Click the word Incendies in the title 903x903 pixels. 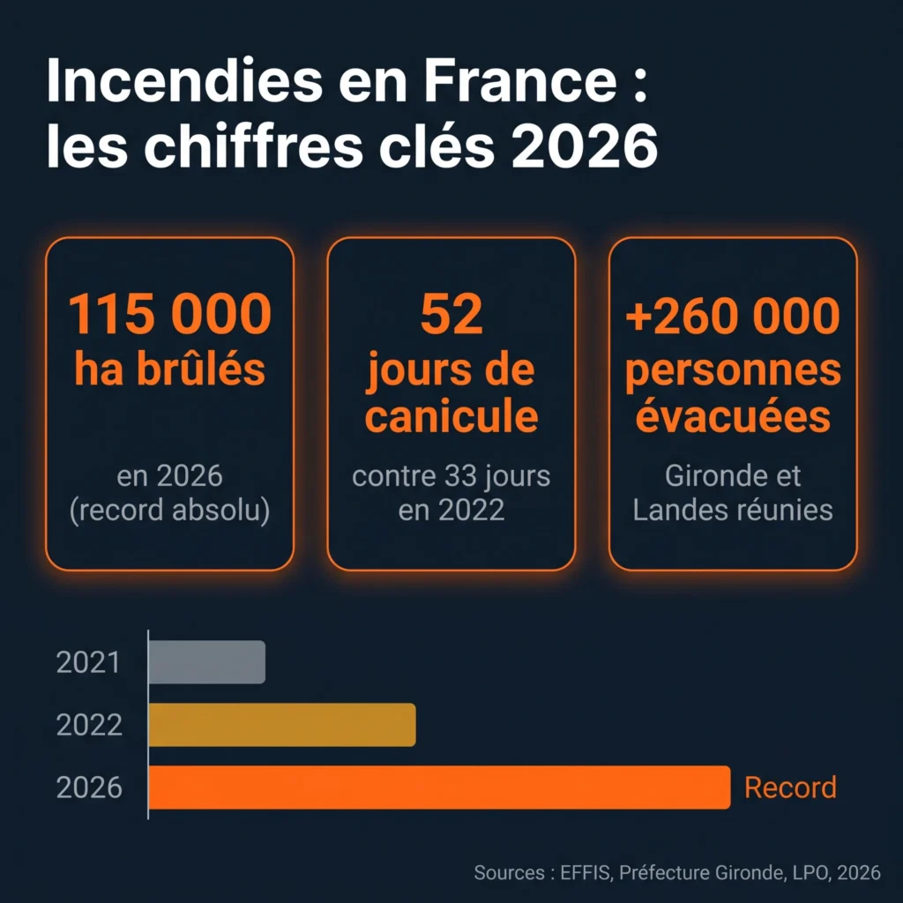point(184,80)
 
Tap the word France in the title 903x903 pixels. point(520,80)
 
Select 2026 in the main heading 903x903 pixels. point(585,146)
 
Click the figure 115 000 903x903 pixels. point(170,314)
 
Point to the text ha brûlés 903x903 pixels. point(170,369)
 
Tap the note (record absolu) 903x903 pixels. point(170,510)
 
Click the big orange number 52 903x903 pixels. point(451,314)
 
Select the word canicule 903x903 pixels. point(451,416)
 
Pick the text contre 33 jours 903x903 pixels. point(451,475)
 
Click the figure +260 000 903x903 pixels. point(733,316)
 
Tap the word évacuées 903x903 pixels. point(733,415)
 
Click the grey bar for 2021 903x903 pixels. point(206,662)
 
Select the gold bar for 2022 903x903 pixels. point(282,725)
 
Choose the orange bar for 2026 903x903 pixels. point(439,787)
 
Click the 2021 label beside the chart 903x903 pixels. point(89,662)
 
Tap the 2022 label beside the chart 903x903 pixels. point(89,725)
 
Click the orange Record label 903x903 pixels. point(791,787)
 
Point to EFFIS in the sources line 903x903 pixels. point(585,872)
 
